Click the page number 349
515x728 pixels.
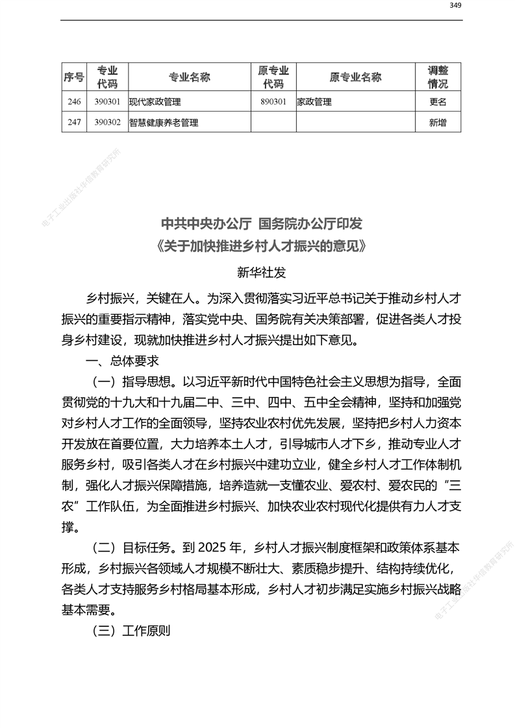(x=455, y=6)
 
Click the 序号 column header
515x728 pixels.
(x=73, y=77)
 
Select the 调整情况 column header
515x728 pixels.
(x=438, y=77)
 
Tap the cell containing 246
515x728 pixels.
(x=73, y=101)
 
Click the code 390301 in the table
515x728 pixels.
(x=107, y=101)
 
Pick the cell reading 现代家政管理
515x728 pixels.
(x=155, y=102)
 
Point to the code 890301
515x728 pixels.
(x=273, y=101)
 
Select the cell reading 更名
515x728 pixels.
(x=438, y=102)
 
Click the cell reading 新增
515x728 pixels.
(x=438, y=122)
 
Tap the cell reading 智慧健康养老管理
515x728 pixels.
(x=164, y=122)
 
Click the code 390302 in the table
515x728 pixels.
(x=107, y=122)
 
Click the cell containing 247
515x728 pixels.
(x=73, y=122)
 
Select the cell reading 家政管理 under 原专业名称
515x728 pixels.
(x=314, y=102)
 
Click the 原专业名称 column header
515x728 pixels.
(x=355, y=77)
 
